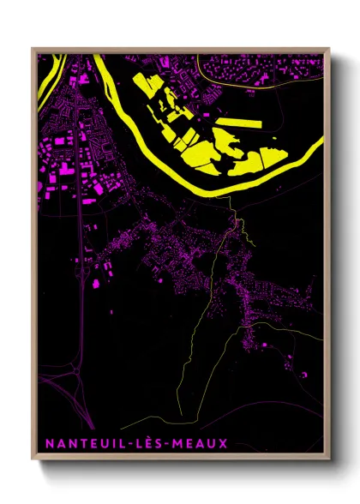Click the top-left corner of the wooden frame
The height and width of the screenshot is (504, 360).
[33, 48]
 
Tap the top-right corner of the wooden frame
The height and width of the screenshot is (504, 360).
[329, 48]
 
